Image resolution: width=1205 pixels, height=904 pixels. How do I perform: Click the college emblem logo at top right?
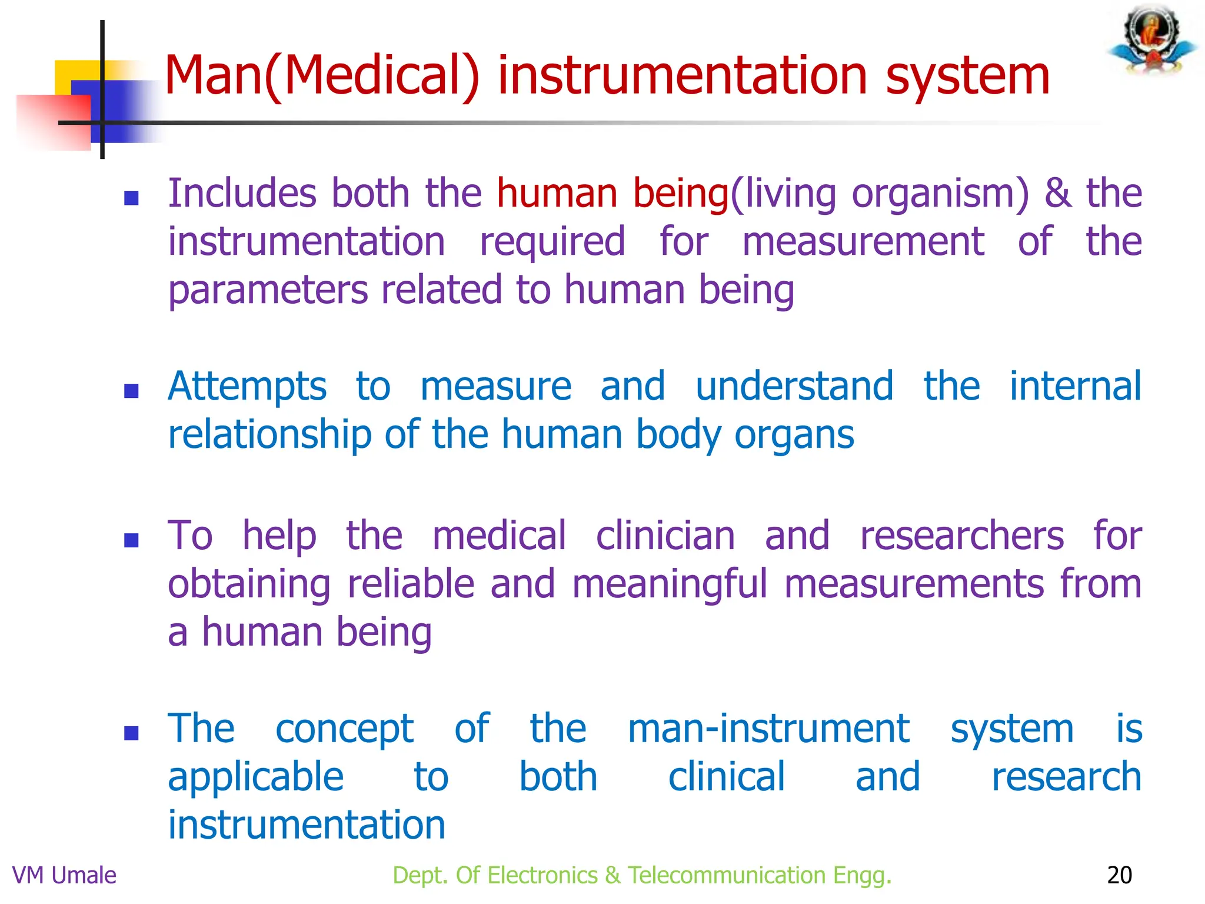(x=1153, y=40)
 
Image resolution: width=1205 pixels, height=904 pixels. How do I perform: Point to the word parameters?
(x=268, y=290)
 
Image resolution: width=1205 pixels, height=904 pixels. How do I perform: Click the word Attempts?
(x=247, y=387)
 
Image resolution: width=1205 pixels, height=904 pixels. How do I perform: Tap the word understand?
(x=794, y=387)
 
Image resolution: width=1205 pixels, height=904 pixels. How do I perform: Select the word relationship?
(x=269, y=435)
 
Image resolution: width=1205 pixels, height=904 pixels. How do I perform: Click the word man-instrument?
(x=768, y=729)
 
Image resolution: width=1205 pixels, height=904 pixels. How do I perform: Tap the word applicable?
(x=255, y=777)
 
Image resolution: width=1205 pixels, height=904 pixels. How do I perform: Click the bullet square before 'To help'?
(x=131, y=540)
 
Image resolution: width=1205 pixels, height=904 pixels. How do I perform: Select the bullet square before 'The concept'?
(x=131, y=733)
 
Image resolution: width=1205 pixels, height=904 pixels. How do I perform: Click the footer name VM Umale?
(x=64, y=875)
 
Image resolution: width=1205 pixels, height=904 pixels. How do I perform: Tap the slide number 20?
(x=1119, y=875)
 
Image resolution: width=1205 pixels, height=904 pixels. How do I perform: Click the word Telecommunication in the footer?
(x=727, y=875)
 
